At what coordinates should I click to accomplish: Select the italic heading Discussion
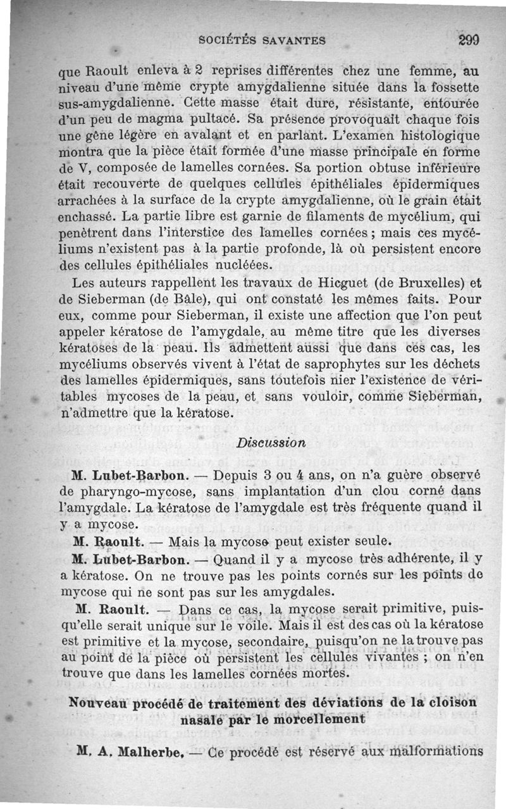point(271,442)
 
